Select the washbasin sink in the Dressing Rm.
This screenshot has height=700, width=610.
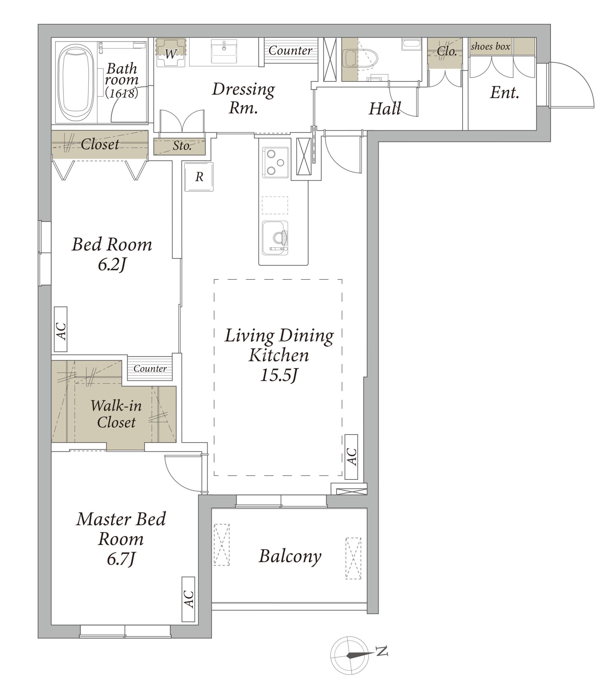pos(224,51)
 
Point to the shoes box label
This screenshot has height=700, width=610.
pos(490,46)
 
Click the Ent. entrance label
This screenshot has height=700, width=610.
pos(504,92)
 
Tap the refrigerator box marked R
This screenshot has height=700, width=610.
pos(199,177)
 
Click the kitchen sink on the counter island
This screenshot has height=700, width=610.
pos(275,238)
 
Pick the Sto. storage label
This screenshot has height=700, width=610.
pos(182,146)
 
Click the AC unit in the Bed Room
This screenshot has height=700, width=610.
pos(60,329)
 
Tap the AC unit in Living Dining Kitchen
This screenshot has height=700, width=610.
pos(351,457)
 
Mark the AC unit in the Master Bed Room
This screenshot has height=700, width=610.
pos(188,599)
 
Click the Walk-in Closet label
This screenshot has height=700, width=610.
pos(116,414)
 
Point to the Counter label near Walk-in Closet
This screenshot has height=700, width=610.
pos(150,368)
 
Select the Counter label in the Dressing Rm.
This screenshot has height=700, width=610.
pos(290,51)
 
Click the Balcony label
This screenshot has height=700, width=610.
pos(290,557)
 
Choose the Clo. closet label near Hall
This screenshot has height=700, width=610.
pos(447,51)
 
